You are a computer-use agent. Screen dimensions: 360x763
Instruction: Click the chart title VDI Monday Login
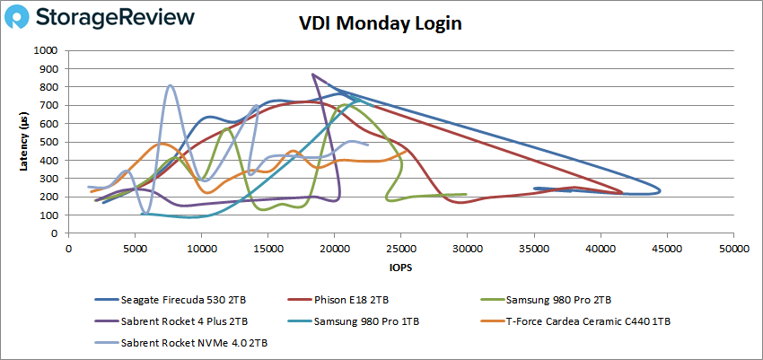(x=380, y=24)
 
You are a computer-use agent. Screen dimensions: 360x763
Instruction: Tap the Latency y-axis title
(x=24, y=142)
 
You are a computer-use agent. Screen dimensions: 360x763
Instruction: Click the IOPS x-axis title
(x=400, y=267)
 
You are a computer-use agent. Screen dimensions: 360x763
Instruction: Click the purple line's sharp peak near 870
(x=312, y=75)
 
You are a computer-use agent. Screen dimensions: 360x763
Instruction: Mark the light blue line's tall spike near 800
(x=171, y=85)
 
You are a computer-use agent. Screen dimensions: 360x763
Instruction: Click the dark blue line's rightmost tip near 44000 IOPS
(x=661, y=189)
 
